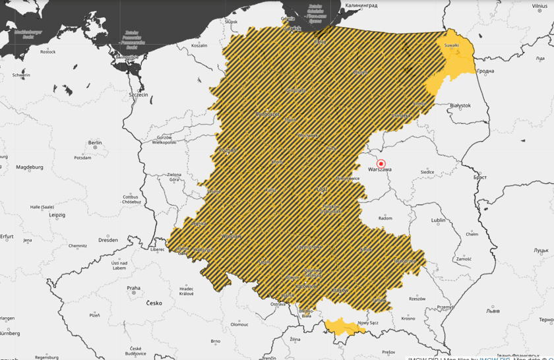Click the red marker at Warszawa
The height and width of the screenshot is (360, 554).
tap(381, 164)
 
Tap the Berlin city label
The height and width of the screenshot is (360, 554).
tap(95, 142)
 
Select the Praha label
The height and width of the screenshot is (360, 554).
tap(134, 287)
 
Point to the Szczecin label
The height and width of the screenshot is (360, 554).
tap(138, 95)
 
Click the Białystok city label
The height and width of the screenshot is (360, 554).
tap(460, 105)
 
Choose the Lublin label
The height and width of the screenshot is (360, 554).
tap(438, 220)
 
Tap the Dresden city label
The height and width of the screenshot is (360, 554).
tap(108, 240)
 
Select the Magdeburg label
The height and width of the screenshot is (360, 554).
tap(29, 167)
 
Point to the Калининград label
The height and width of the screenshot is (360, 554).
tap(361, 5)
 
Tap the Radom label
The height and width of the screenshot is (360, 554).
tap(385, 218)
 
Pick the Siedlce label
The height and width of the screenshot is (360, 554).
tap(427, 172)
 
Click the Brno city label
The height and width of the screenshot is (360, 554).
tap(215, 342)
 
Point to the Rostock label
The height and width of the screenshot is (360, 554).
tap(47, 51)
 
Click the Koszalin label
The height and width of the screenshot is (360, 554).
tap(199, 45)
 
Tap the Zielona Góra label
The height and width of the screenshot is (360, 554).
tap(173, 177)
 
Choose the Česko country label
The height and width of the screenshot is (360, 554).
tap(154, 303)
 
